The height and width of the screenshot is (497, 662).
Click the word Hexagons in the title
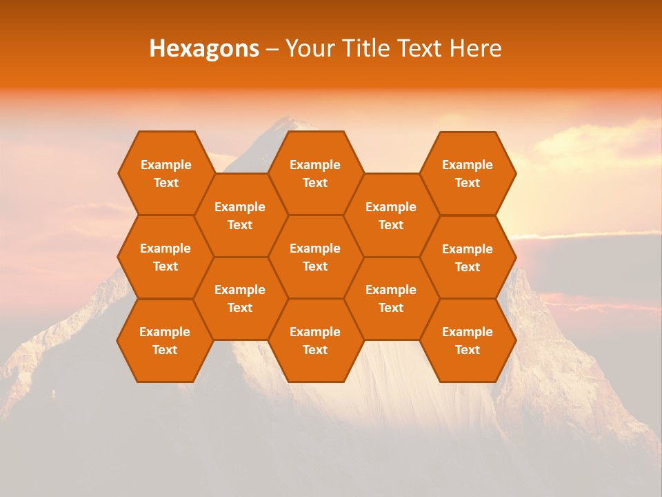point(204,48)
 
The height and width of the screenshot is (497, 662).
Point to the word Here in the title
point(476,48)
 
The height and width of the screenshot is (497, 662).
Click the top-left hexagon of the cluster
point(165,173)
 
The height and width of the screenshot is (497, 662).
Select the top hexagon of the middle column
point(315,173)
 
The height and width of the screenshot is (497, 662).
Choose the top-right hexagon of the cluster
point(468,173)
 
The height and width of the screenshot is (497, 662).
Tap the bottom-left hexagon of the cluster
point(165,340)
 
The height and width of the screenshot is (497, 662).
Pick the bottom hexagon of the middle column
point(315,340)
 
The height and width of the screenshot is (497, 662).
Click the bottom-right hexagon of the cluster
point(468,340)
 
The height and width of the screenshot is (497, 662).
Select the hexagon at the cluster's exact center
point(315,257)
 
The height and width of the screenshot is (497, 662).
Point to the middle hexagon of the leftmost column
point(165,257)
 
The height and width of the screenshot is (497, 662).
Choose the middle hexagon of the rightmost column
point(468,257)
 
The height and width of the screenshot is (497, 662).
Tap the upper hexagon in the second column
point(240,215)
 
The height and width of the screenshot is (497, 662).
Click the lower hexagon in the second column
point(240,298)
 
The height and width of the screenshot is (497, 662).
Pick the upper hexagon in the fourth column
point(391,215)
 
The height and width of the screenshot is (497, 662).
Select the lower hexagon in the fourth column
point(391,298)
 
